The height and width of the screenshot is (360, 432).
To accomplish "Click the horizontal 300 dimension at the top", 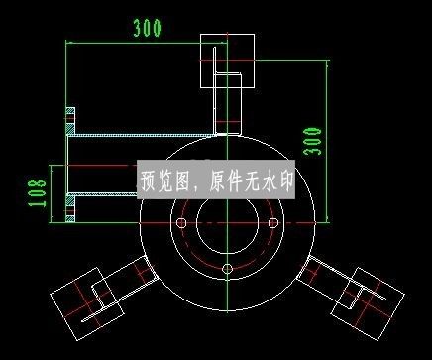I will click(147, 28).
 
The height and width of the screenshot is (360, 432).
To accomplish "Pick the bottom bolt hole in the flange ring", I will click(227, 269).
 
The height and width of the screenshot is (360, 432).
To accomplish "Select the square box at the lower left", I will click(86, 297).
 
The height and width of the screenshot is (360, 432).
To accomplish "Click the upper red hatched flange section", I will click(69, 120).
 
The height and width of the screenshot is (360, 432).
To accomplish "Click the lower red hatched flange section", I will click(69, 211).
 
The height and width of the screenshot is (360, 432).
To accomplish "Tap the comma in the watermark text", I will click(193, 186).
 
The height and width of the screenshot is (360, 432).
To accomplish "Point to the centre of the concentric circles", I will click(227, 224).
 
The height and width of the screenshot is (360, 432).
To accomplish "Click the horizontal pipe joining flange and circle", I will click(139, 135).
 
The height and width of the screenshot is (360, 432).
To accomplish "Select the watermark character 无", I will click(248, 182).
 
